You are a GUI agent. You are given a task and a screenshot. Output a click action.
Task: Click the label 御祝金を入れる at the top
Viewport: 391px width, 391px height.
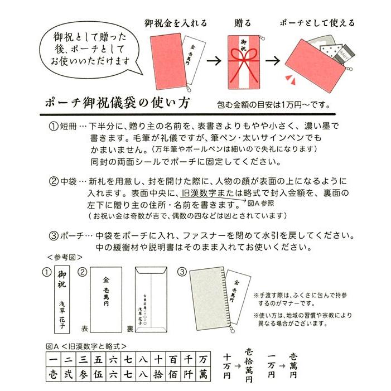click(x=175, y=23)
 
